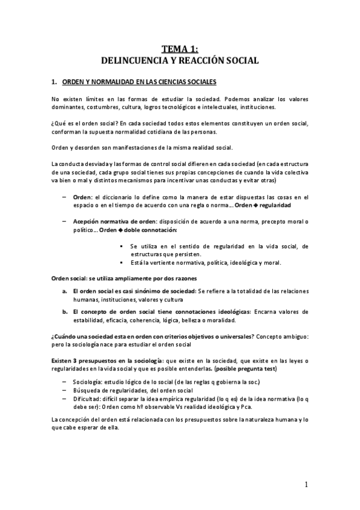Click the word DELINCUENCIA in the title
132,60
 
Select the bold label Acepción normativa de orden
118,222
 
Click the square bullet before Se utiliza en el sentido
122,246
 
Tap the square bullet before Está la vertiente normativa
122,262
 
